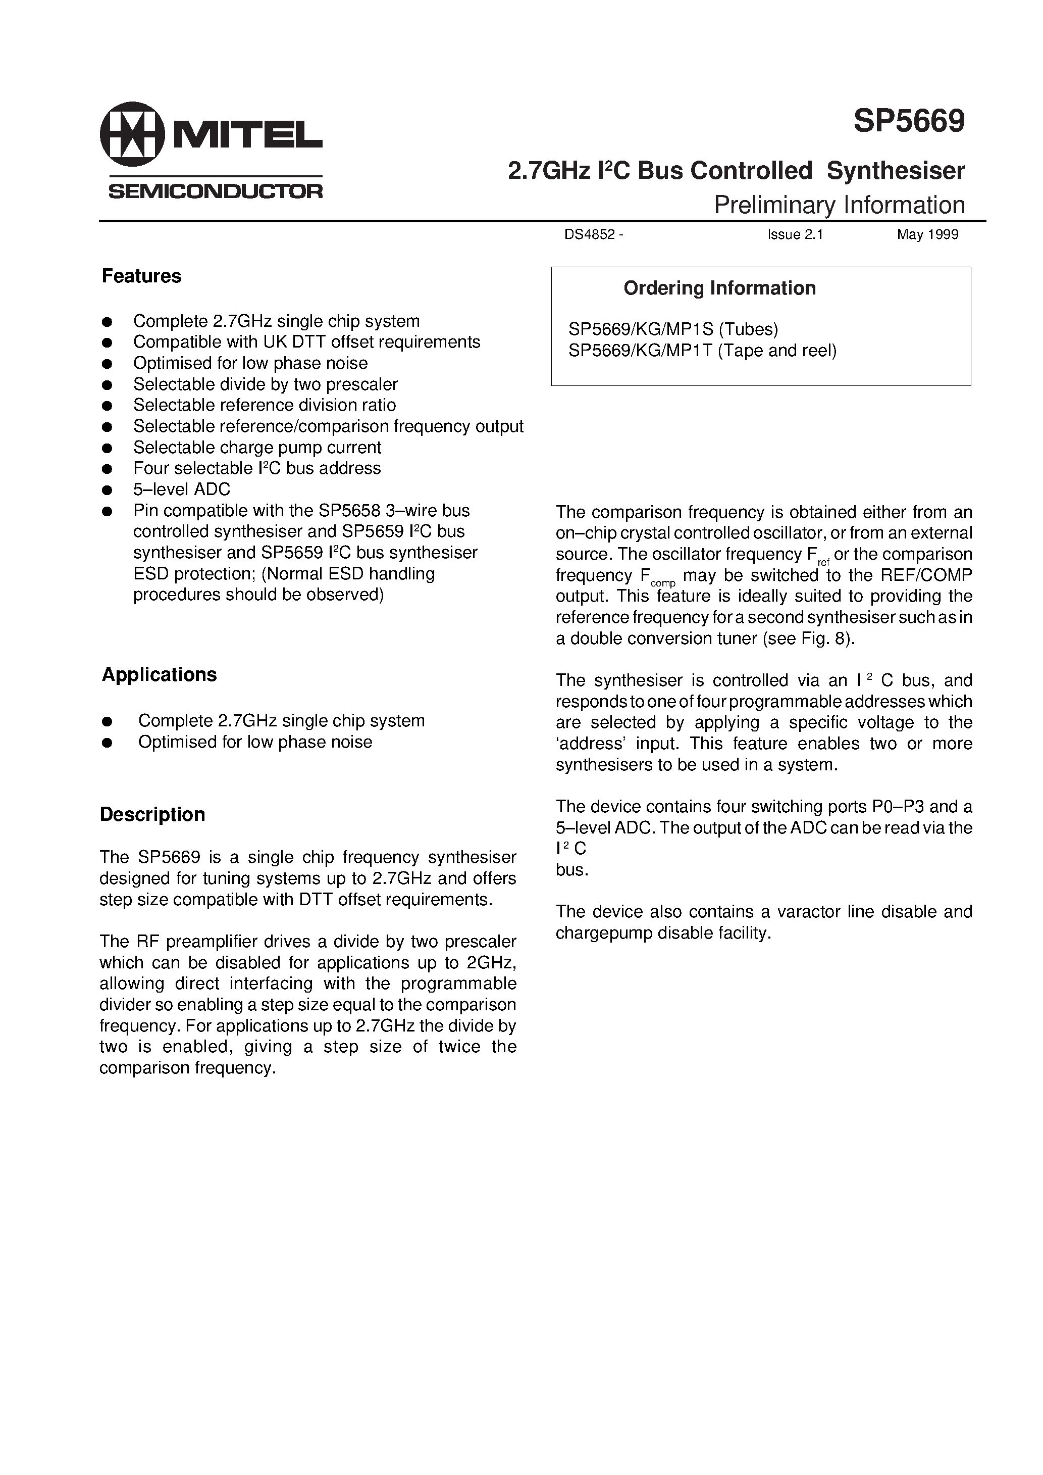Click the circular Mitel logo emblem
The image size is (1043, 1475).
(x=132, y=134)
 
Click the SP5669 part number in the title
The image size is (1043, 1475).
(x=908, y=121)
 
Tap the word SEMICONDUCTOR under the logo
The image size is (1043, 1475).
(x=215, y=191)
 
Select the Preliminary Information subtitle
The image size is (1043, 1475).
(x=839, y=205)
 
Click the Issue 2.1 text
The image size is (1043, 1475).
(x=795, y=235)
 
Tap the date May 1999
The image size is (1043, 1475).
(x=927, y=235)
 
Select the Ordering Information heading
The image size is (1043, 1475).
(x=719, y=288)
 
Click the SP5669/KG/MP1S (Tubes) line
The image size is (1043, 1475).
(x=672, y=329)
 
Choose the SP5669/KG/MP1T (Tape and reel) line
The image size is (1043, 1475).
(x=702, y=350)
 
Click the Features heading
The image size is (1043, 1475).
(x=141, y=276)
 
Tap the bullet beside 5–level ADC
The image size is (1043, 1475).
(x=107, y=490)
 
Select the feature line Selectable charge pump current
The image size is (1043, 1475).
(x=257, y=447)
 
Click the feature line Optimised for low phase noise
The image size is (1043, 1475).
(x=250, y=363)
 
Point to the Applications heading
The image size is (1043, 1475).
(x=159, y=674)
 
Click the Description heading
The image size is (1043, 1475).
(x=152, y=815)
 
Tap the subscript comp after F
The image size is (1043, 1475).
(x=663, y=583)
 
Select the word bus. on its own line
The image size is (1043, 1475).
(x=571, y=870)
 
